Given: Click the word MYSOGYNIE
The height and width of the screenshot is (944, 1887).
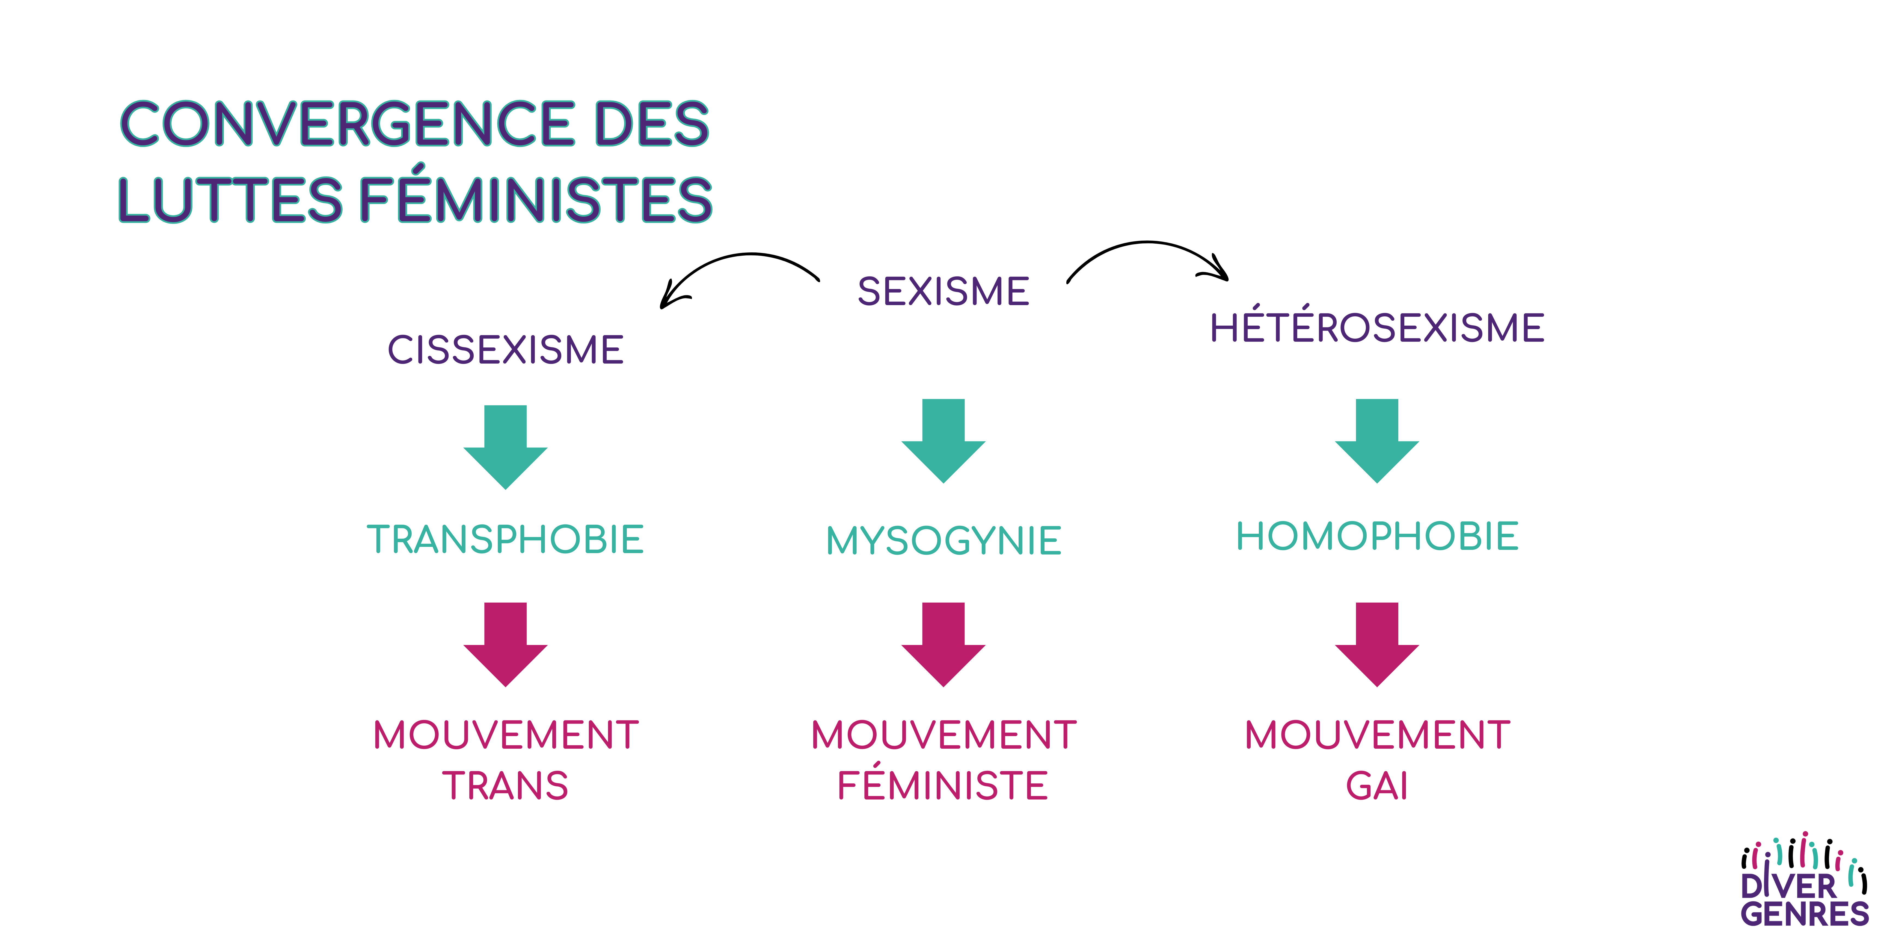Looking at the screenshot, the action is tap(943, 541).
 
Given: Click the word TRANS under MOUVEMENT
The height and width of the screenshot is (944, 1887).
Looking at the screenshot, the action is tap(505, 786).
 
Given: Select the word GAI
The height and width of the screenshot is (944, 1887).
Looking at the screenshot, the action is tap(1377, 786).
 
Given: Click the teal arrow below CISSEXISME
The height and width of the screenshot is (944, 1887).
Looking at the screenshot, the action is tap(505, 447).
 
